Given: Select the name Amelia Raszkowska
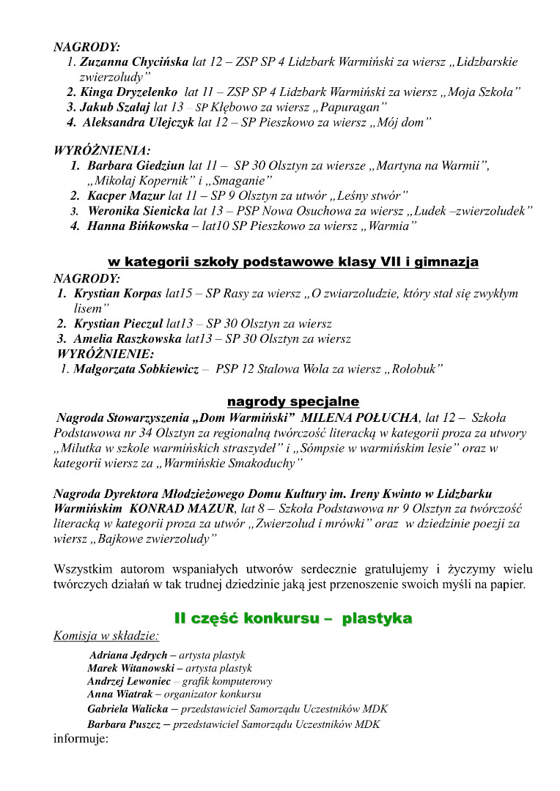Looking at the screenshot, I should pos(128,339).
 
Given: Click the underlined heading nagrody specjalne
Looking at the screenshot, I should pos(292,401).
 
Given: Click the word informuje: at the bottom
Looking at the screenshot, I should pos(81,738).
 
